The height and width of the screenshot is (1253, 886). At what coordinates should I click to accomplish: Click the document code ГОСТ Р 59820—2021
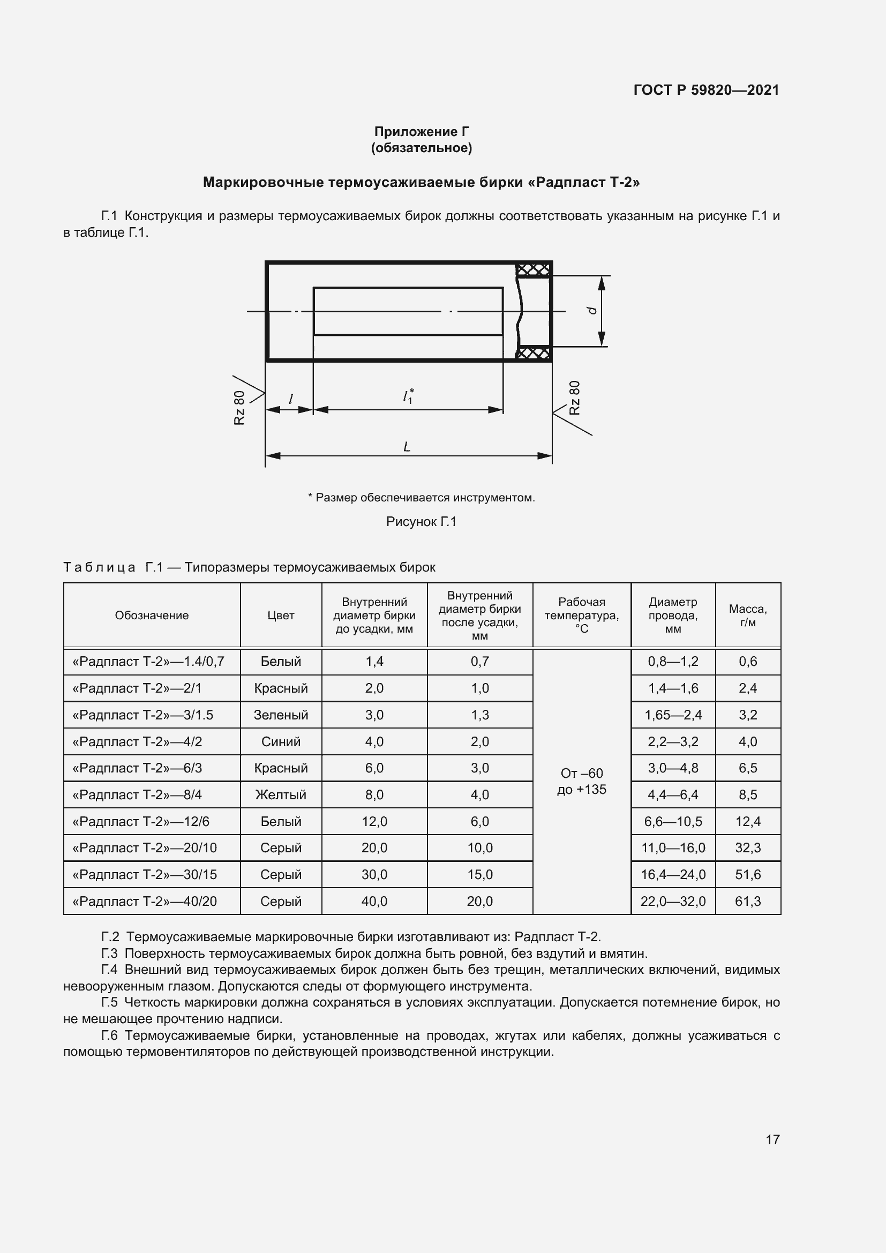coord(706,90)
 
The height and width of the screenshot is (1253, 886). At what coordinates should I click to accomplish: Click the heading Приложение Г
coord(421,132)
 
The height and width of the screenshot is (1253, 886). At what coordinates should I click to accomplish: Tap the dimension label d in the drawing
coord(591,311)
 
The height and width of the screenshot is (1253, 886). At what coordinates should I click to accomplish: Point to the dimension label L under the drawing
coord(407,447)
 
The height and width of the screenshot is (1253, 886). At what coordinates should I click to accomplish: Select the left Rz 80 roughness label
coord(239,408)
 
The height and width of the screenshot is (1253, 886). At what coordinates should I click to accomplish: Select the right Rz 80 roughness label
coord(574,398)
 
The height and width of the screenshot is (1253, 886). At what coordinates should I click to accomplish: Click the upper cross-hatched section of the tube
coord(533,269)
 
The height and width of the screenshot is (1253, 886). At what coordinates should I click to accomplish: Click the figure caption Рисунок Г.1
coord(421,522)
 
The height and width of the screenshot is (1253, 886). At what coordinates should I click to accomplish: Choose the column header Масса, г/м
coord(747,615)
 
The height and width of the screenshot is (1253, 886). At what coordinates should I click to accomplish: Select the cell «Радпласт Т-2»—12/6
coord(141,821)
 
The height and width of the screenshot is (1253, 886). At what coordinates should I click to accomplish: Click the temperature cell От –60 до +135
coord(582,781)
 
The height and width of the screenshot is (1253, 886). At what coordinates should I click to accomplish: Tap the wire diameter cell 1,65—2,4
coord(673,715)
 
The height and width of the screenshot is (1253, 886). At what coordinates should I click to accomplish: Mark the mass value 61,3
coord(747,901)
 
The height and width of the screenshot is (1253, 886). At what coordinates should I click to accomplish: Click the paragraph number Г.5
coord(110,1002)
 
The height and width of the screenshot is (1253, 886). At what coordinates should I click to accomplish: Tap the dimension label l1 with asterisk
coord(408,396)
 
